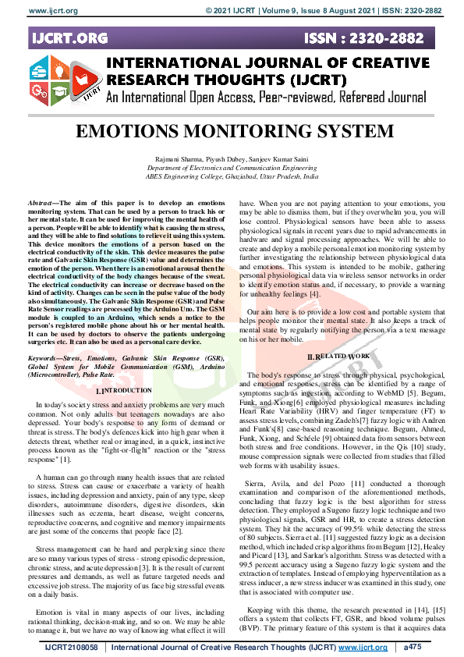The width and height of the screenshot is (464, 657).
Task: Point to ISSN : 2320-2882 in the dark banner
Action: coord(387,37)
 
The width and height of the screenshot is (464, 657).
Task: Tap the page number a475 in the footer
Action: coord(412,648)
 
